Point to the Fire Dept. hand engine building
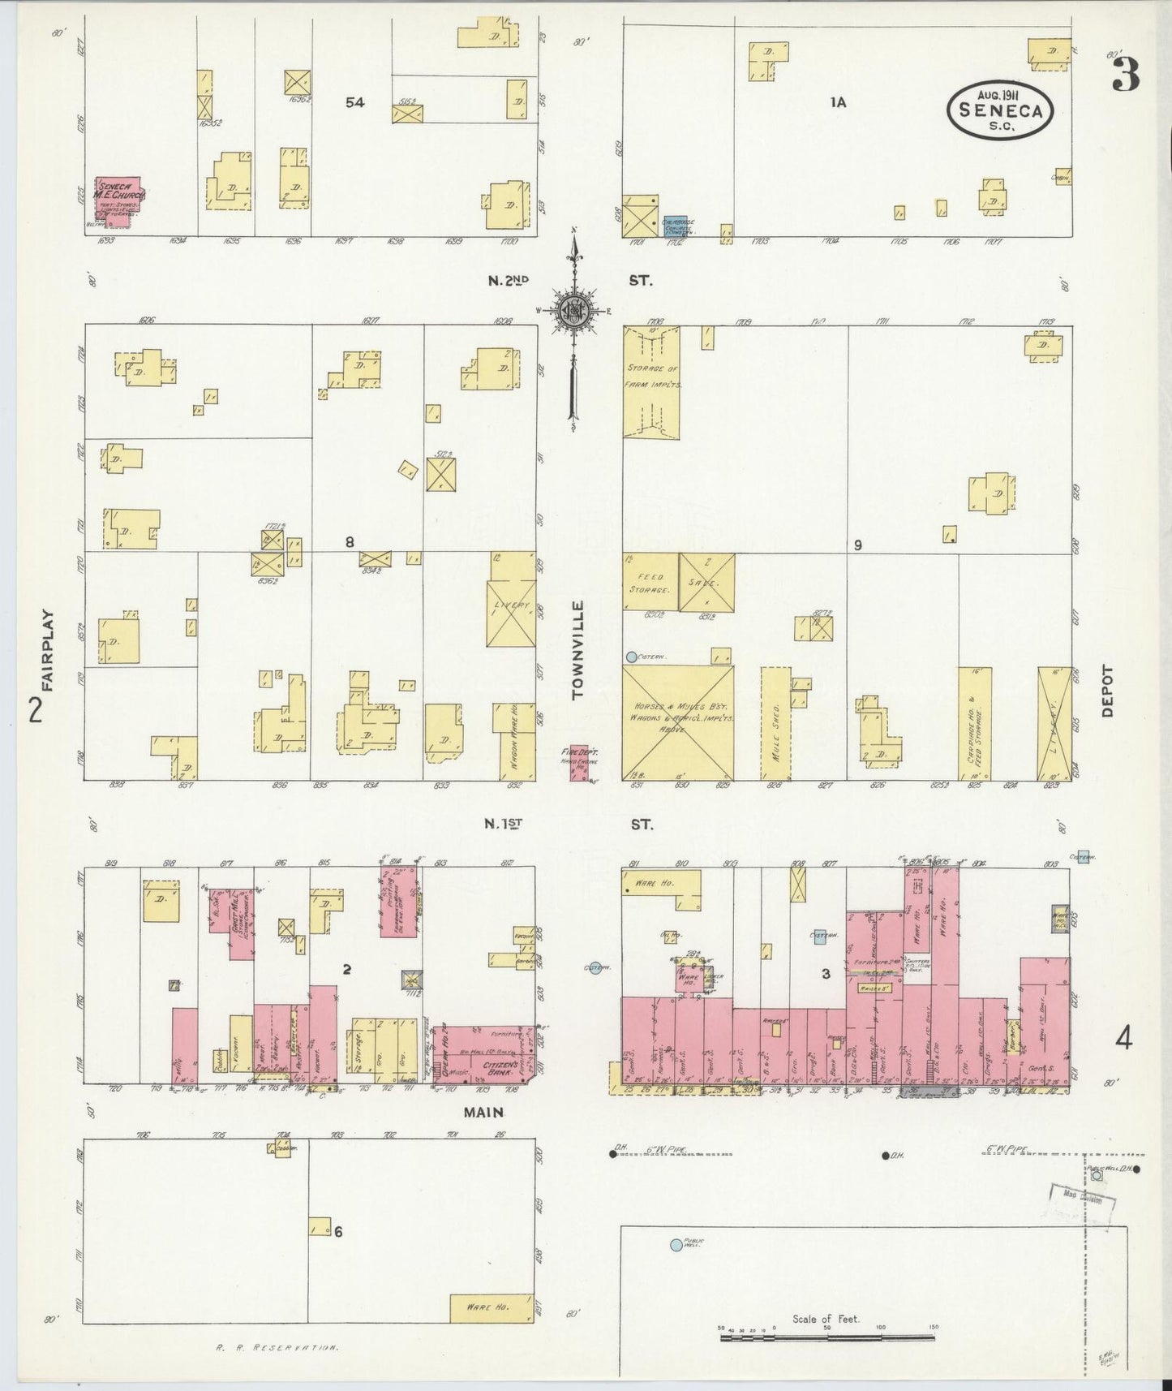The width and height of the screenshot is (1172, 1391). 578,764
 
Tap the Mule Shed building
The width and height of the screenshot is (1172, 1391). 775,722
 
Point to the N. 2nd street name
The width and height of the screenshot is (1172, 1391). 508,281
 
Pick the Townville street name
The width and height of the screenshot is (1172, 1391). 578,649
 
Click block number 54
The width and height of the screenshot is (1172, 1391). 354,102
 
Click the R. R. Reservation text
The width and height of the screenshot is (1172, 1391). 277,1348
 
